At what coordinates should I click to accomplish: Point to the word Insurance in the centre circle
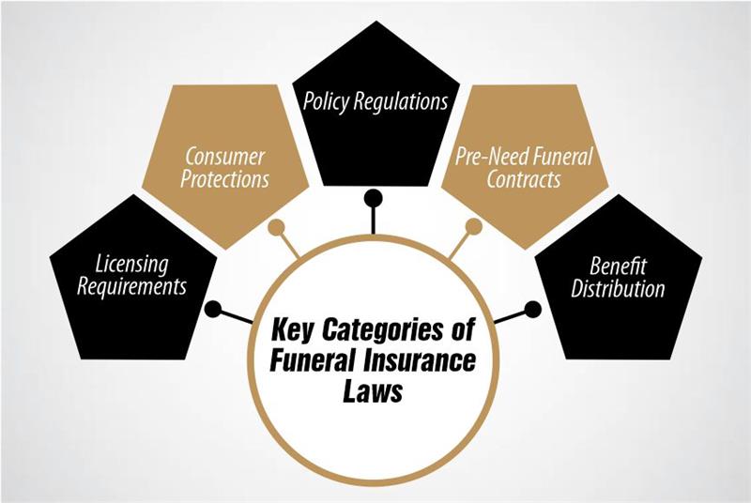click(x=419, y=360)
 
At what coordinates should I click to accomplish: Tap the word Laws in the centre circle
click(x=375, y=389)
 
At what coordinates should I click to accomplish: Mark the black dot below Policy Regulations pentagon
click(x=374, y=198)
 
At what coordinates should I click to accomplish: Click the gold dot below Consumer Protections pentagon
click(x=276, y=226)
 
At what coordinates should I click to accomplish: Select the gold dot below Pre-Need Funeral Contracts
click(x=474, y=226)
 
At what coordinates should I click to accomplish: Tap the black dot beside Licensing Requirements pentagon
click(x=213, y=308)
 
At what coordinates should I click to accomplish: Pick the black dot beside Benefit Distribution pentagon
click(x=534, y=308)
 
